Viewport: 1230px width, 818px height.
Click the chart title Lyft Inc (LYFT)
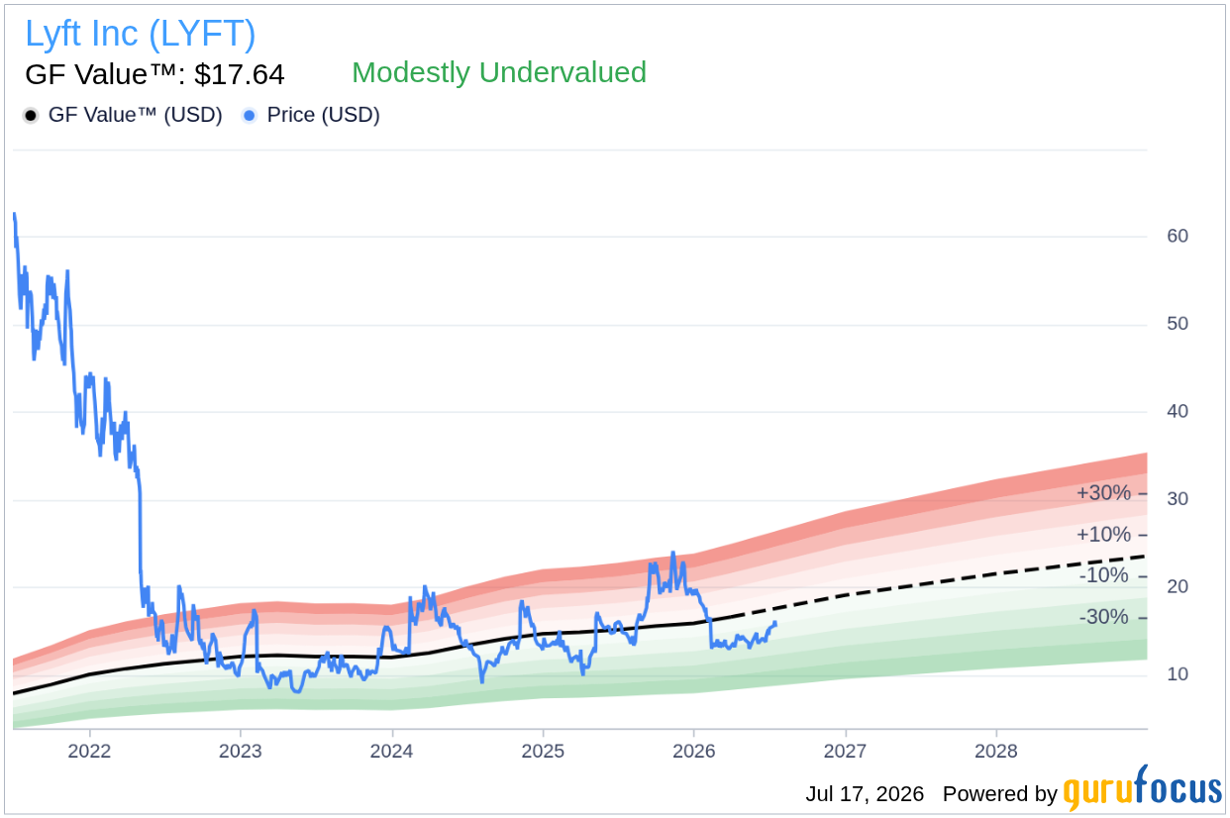141,34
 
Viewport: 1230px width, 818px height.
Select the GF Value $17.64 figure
154,74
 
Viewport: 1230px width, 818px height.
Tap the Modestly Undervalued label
499,72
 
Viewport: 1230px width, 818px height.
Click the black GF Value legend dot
31,116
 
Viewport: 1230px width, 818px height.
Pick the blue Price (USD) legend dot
250,116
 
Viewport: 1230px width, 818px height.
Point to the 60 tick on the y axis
1178,236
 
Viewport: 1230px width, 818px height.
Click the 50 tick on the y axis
1178,324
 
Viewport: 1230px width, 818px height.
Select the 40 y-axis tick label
1178,411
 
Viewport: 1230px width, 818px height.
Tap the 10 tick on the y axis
1178,674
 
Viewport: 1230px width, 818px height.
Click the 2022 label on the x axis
89,751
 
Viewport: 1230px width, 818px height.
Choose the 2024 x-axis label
391,751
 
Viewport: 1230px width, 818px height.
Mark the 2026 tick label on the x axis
694,751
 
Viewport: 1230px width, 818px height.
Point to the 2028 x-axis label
996,751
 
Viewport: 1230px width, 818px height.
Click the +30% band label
1103,493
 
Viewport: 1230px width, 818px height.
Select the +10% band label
1103,534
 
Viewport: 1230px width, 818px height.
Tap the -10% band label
1103,575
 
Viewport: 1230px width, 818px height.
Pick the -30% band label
1103,617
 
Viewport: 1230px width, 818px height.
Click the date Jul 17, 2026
865,794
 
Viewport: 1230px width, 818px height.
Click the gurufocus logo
1143,788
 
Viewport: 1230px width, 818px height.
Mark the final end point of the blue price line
775,623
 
